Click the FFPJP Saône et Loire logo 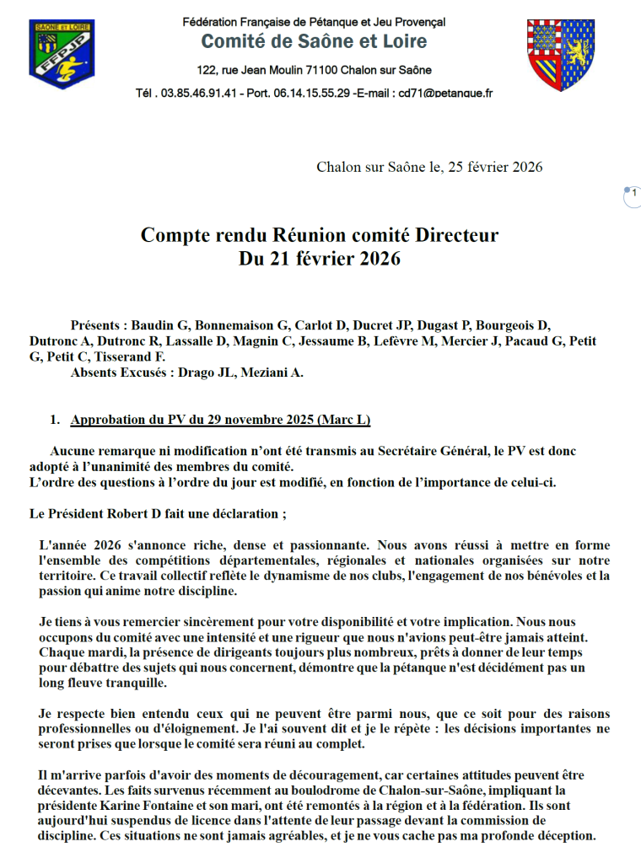click(x=61, y=55)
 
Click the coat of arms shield click(x=560, y=55)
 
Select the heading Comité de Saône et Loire click(x=314, y=41)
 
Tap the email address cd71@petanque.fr click(x=445, y=94)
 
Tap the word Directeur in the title click(x=455, y=235)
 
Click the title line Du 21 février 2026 click(x=320, y=259)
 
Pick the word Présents click(x=99, y=326)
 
